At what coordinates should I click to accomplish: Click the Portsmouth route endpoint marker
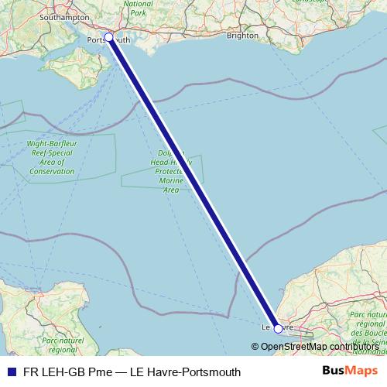[108, 37]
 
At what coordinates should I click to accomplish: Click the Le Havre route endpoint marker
[279, 328]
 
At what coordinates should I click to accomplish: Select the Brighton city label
[242, 35]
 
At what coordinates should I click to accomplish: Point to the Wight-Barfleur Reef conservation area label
[52, 157]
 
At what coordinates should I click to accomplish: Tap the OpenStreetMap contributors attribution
[313, 346]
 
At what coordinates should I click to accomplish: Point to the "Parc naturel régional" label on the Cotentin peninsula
[62, 345]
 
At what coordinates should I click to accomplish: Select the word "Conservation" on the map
[52, 171]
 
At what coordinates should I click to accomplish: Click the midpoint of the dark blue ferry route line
[193, 183]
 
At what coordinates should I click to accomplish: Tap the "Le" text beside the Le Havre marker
[266, 328]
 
